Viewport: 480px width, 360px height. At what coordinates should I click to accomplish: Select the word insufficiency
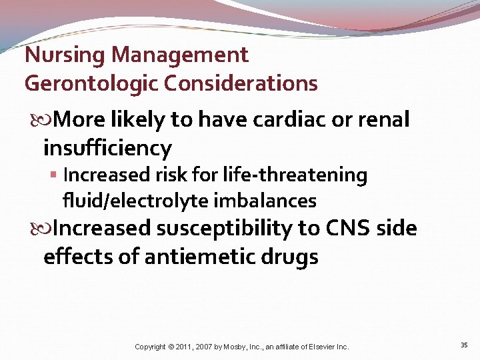tap(107, 147)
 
